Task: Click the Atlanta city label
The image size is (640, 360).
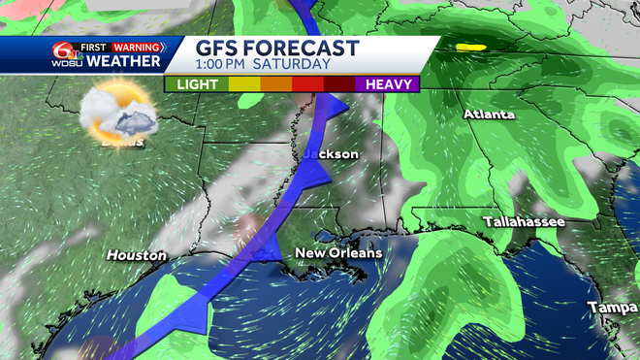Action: pyautogui.click(x=490, y=115)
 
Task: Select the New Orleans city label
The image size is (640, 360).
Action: pyautogui.click(x=338, y=253)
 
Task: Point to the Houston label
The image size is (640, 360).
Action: pyautogui.click(x=137, y=256)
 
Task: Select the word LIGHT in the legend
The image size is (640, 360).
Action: pyautogui.click(x=197, y=84)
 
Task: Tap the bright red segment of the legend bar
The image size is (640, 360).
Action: pyautogui.click(x=308, y=84)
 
